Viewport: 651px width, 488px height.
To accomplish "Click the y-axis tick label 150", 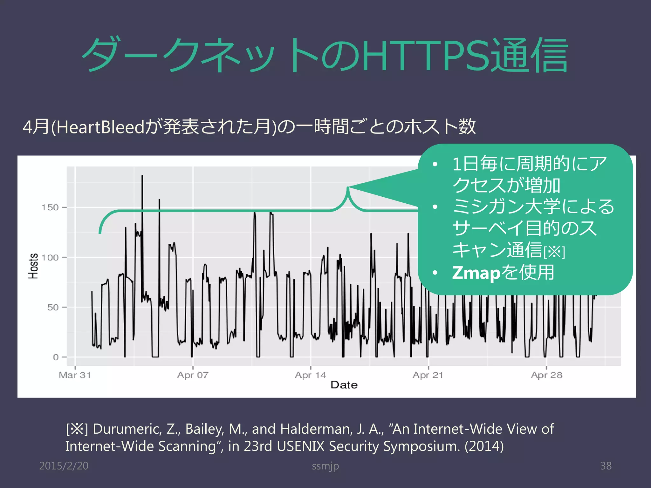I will click(x=50, y=207).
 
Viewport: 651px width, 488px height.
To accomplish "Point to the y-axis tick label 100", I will click(x=50, y=257).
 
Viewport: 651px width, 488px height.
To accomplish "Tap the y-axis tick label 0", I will click(x=56, y=357).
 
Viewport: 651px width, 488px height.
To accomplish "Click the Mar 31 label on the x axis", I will click(x=75, y=375).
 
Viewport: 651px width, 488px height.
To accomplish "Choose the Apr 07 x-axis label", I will click(x=193, y=375).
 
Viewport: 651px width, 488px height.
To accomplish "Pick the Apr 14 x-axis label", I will click(x=311, y=375).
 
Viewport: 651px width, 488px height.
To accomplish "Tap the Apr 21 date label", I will click(x=428, y=375).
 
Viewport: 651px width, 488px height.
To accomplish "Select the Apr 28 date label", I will click(x=546, y=375).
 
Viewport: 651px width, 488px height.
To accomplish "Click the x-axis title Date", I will click(x=344, y=385).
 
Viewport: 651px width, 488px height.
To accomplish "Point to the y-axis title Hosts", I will click(x=33, y=266).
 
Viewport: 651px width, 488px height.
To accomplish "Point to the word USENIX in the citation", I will click(x=301, y=446).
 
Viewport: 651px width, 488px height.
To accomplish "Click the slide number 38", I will click(x=606, y=466).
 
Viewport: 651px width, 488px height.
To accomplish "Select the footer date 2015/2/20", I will click(x=64, y=466).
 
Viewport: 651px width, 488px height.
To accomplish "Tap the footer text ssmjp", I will click(x=325, y=466).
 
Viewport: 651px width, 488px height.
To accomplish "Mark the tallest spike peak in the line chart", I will click(x=142, y=176).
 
